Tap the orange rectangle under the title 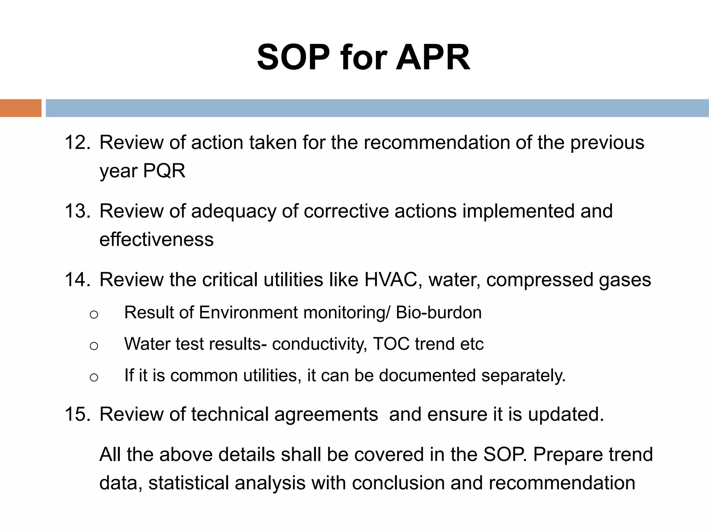pos(20,108)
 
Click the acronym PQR pos(164,171)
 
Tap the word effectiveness pos(156,239)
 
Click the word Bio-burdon pos(439,313)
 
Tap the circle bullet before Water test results pos(94,346)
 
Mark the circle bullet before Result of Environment pos(94,314)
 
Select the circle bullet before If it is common pos(94,377)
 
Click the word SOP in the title pos(293,58)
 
